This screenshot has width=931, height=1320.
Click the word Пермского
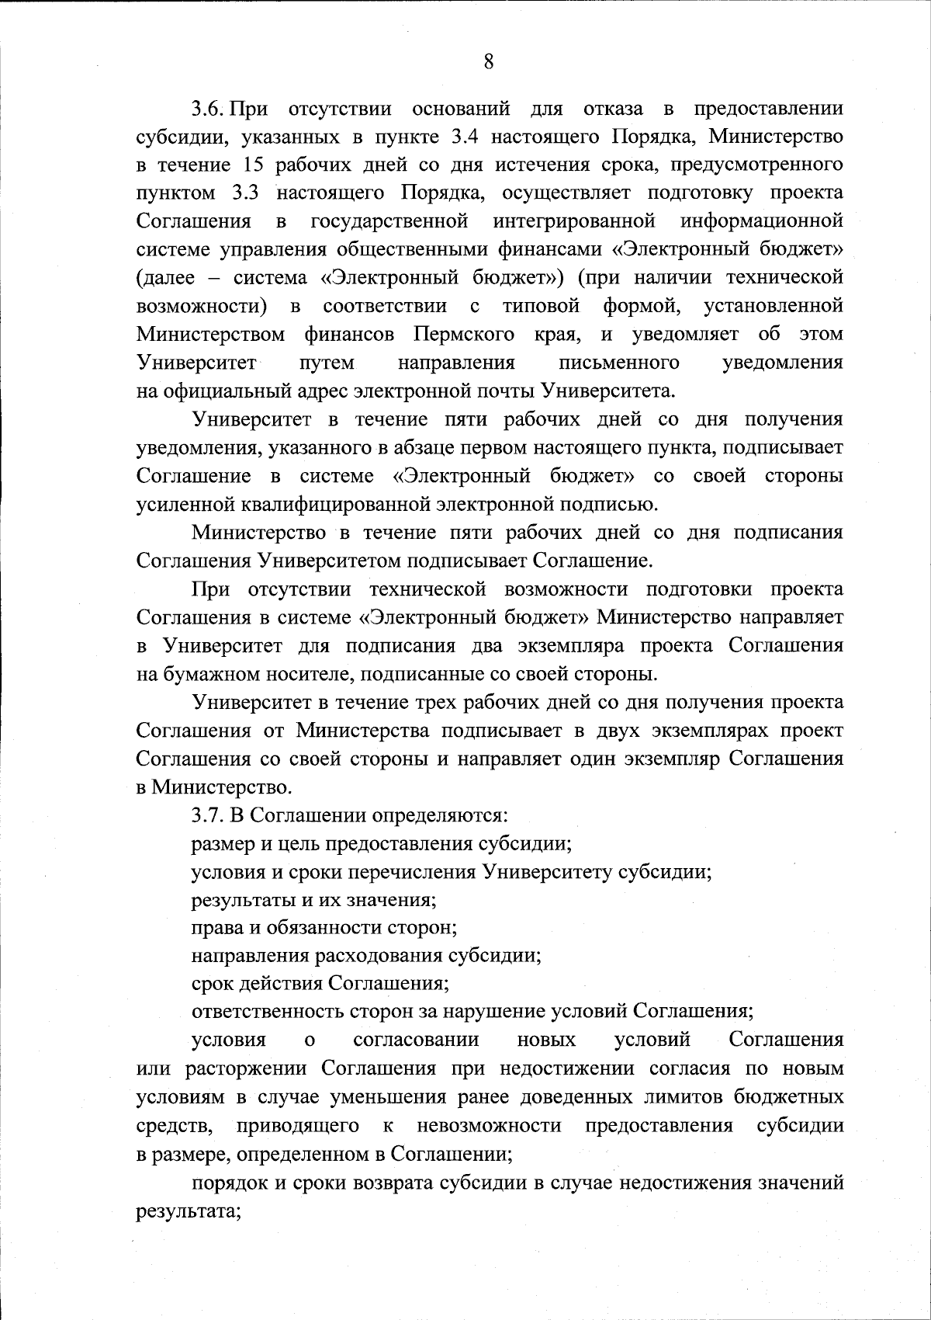coord(463,334)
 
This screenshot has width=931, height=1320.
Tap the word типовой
coord(542,306)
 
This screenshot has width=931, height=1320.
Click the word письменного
coord(619,363)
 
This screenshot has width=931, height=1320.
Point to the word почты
coord(500,391)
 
